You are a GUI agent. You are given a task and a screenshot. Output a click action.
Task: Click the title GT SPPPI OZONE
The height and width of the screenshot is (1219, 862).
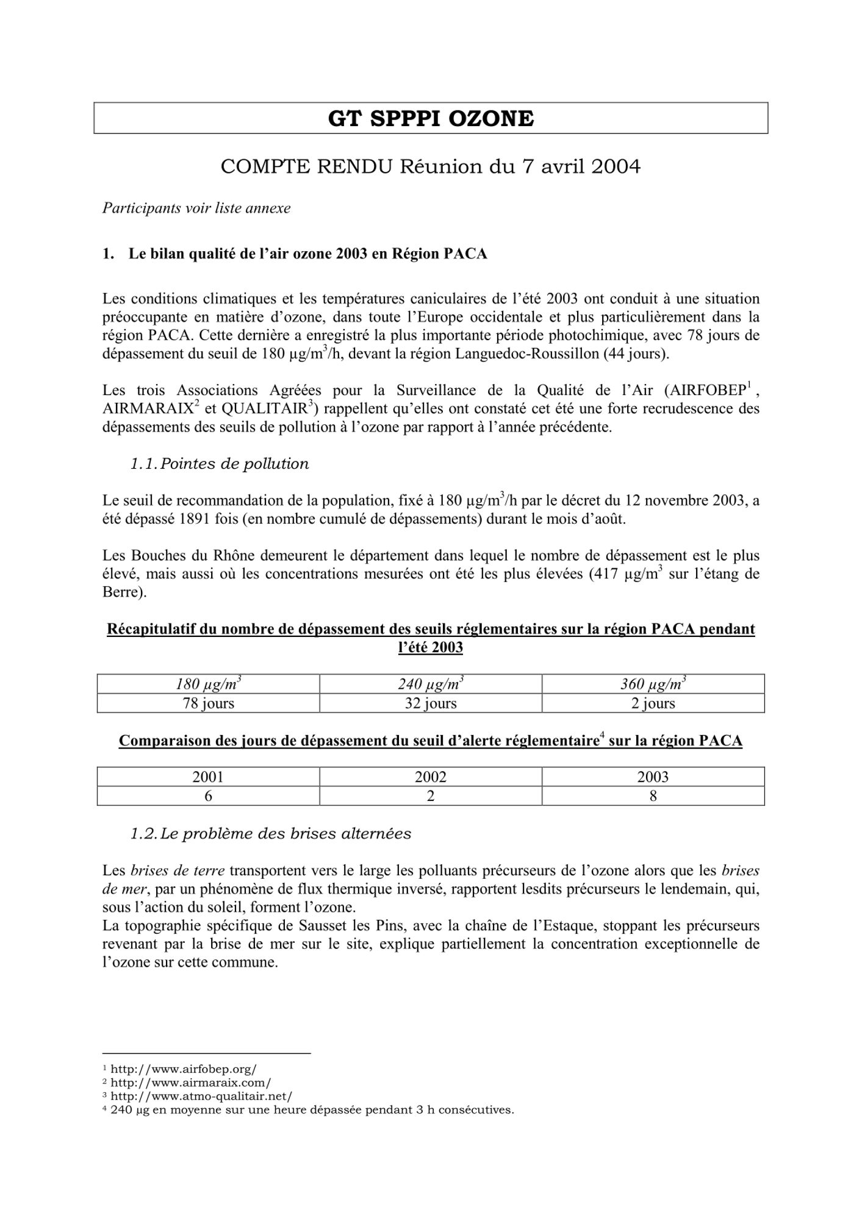pyautogui.click(x=431, y=118)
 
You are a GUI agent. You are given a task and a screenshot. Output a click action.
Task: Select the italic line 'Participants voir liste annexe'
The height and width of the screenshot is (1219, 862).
pyautogui.click(x=196, y=208)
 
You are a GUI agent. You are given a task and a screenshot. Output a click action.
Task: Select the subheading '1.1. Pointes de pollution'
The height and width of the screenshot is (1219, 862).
pyautogui.click(x=220, y=464)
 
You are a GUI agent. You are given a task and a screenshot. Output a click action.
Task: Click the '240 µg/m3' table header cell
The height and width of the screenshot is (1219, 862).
pyautogui.click(x=430, y=684)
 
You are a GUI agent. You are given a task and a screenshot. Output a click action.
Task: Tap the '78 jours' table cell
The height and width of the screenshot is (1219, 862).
pyautogui.click(x=208, y=703)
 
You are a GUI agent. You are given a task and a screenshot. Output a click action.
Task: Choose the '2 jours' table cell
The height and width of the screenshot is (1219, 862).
pyautogui.click(x=653, y=703)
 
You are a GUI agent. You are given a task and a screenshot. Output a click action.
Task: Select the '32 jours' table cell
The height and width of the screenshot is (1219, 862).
pyautogui.click(x=430, y=703)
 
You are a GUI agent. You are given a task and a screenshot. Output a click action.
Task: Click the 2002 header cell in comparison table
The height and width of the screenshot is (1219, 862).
pyautogui.click(x=430, y=777)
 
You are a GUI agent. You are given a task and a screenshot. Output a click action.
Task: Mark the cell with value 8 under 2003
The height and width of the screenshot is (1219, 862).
pyautogui.click(x=653, y=796)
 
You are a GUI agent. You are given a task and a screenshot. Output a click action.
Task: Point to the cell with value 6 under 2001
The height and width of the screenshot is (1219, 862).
pyautogui.click(x=208, y=796)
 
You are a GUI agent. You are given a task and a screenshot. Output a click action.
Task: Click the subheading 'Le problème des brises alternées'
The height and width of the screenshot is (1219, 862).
pyautogui.click(x=286, y=834)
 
